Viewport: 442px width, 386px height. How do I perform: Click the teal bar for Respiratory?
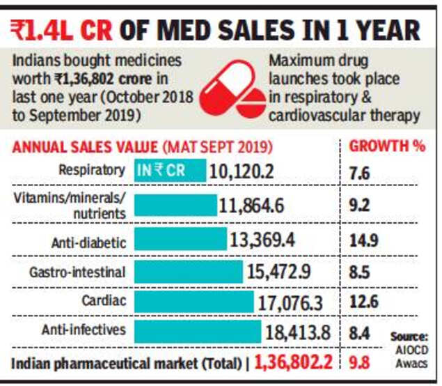(x=170, y=171)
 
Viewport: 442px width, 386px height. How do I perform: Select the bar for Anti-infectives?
(x=197, y=332)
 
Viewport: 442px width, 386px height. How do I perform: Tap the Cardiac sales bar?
(x=194, y=302)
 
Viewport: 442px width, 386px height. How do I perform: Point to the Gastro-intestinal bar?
(x=188, y=272)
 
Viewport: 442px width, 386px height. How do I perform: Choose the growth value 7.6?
(x=360, y=173)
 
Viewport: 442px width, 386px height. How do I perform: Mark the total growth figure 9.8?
(x=360, y=362)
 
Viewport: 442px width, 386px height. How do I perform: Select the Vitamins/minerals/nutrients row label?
(x=70, y=205)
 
